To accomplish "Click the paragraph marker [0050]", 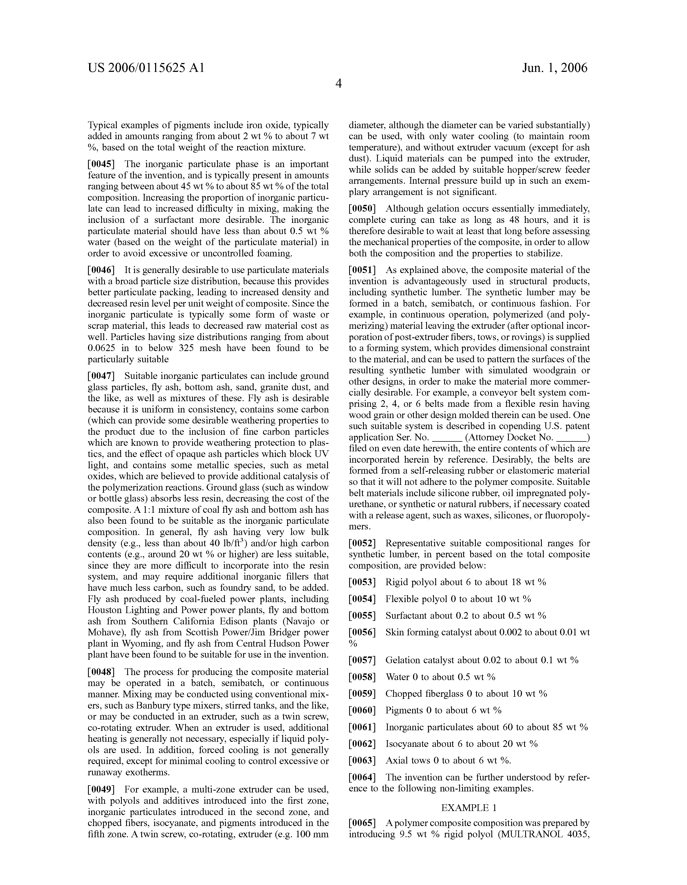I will [x=363, y=209].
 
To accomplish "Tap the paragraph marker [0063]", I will [x=363, y=761].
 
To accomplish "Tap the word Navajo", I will [x=297, y=621].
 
